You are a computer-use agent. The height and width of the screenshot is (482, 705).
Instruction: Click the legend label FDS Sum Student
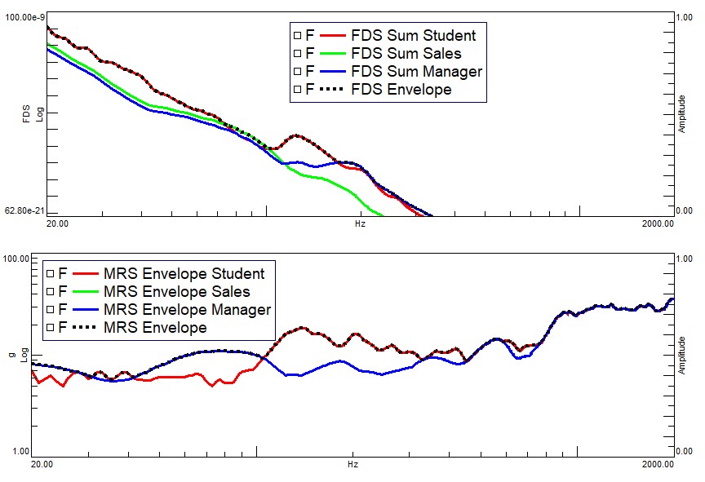pos(413,35)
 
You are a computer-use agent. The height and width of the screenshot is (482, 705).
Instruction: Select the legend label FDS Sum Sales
pos(406,53)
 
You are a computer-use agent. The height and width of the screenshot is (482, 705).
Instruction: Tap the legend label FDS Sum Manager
pos(416,71)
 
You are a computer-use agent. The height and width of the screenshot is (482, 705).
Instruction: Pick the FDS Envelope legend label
pos(401,89)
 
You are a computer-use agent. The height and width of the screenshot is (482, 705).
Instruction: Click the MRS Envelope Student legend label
pos(184,273)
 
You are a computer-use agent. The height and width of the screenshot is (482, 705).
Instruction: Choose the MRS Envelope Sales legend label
pos(176,291)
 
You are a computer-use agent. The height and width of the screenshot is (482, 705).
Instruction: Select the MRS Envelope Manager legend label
pos(187,309)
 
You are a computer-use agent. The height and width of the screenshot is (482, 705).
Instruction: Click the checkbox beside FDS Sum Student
pos(297,35)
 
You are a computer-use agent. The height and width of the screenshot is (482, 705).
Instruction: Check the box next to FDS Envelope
pos(297,89)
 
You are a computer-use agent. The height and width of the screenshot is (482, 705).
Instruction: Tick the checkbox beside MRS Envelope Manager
pos(51,309)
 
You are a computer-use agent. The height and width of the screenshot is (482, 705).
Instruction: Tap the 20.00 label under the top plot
pos(56,222)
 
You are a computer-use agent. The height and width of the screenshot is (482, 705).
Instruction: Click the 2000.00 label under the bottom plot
pos(657,464)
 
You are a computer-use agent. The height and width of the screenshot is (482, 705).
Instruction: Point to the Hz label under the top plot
pos(360,222)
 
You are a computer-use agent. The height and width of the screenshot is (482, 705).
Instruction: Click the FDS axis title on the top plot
pos(27,113)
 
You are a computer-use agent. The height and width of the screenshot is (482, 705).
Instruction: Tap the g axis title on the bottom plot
pos(11,356)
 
